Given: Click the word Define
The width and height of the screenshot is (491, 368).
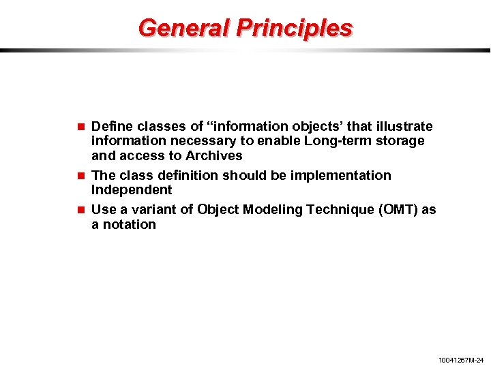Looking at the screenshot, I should [112, 126].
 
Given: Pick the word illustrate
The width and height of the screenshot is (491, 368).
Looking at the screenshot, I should [405, 126].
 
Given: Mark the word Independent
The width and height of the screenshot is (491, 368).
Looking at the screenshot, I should [132, 189].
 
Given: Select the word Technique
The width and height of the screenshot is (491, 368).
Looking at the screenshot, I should [341, 209].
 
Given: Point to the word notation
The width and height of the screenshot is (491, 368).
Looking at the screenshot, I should [129, 224].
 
